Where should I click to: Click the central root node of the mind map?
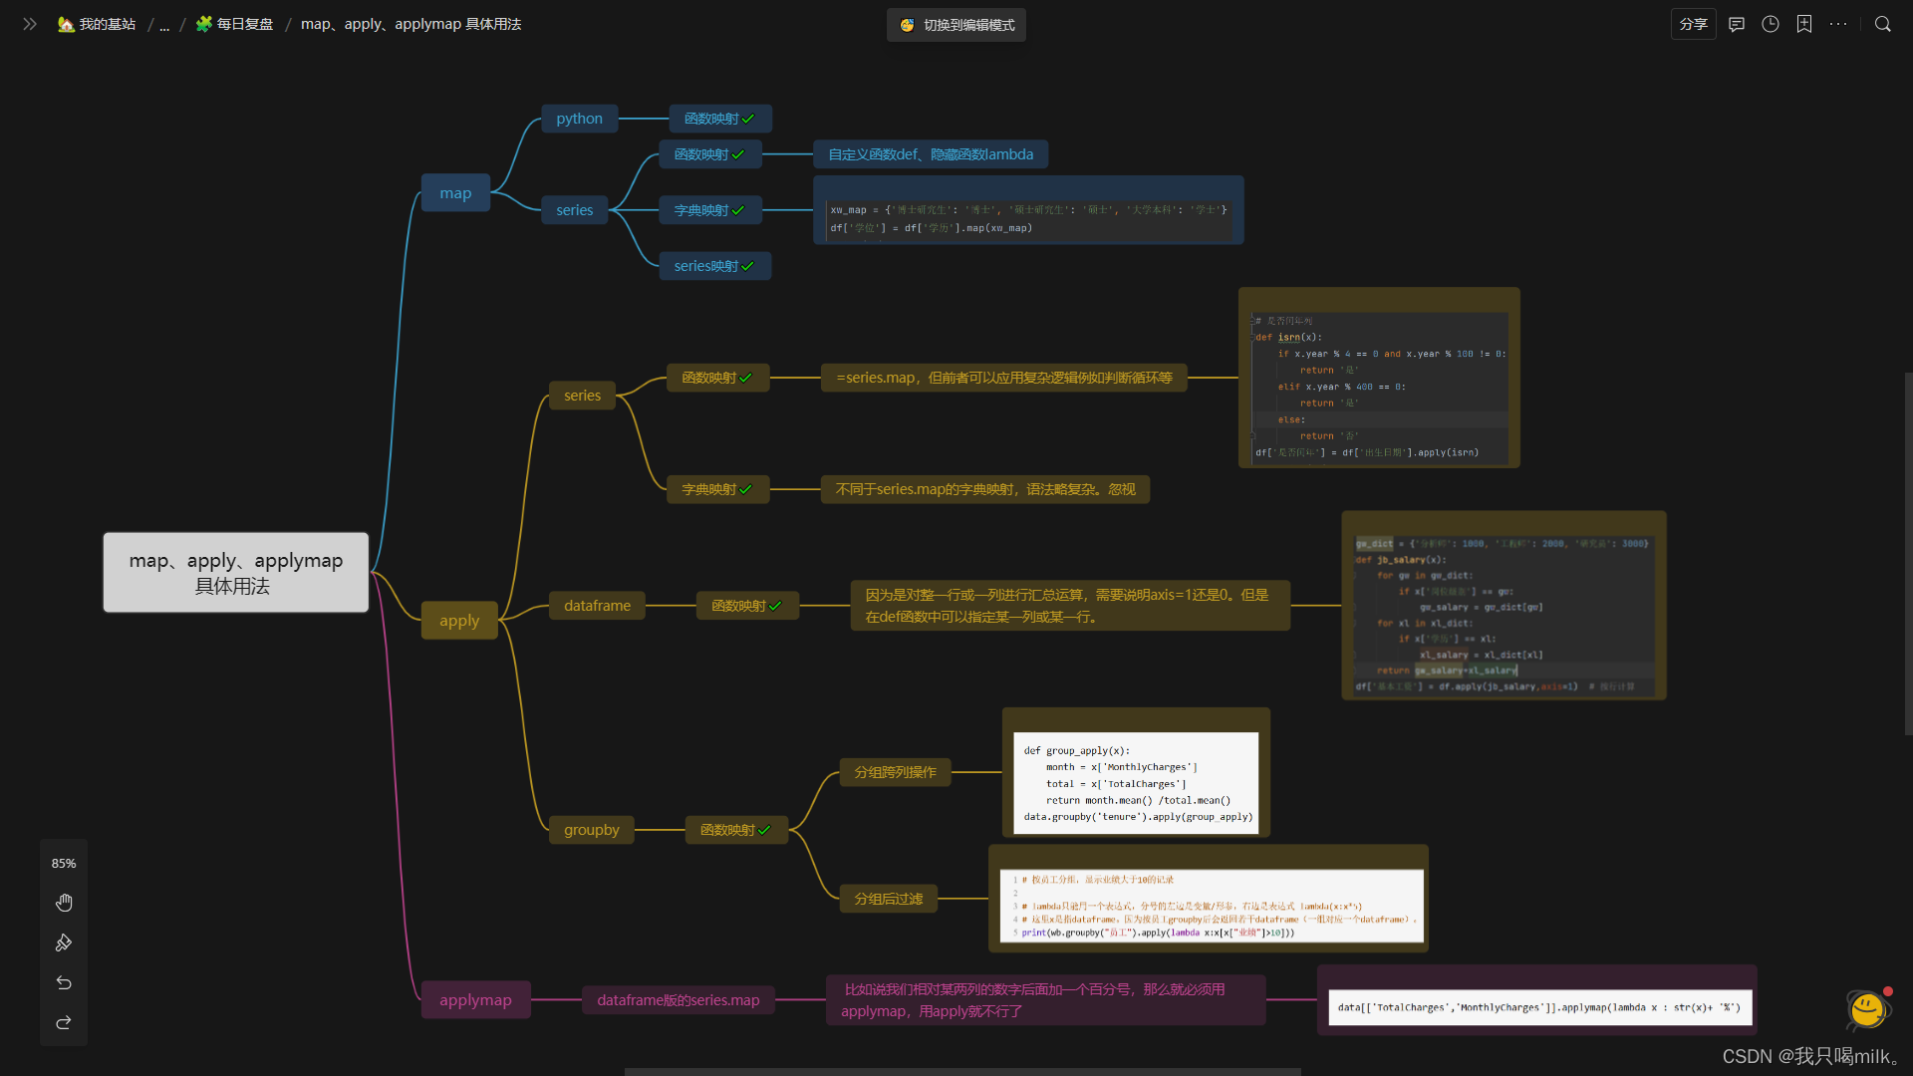tap(236, 573)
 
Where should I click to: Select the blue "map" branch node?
tap(455, 193)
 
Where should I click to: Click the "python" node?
tap(579, 119)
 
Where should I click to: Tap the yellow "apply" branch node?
tap(459, 621)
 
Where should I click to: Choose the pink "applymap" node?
tap(475, 1000)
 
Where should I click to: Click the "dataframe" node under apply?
tap(597, 606)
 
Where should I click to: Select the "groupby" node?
tap(591, 830)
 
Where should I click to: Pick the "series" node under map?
tap(574, 210)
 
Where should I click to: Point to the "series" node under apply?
tap(582, 396)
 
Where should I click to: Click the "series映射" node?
tap(714, 266)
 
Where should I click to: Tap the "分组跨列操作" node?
tap(895, 772)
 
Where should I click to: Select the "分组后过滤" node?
tap(888, 899)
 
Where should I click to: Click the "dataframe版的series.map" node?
tap(678, 1000)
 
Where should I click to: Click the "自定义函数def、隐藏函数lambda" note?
tap(931, 154)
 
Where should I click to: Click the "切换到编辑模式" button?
tap(956, 25)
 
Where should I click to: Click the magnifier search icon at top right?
tap(1882, 24)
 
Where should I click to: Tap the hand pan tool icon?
tap(64, 903)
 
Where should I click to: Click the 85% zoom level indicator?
tap(64, 864)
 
